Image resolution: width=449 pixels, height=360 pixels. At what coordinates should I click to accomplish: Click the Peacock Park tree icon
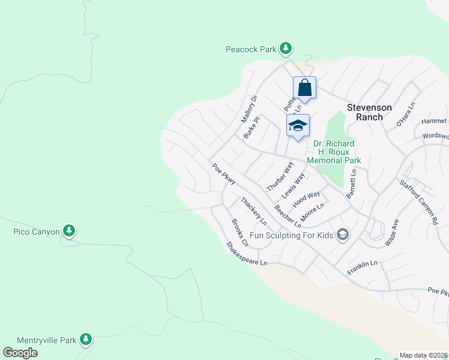click(286, 48)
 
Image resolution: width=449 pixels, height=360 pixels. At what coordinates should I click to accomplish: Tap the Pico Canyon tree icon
click(69, 231)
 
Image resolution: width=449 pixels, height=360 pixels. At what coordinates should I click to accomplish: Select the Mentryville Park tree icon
click(86, 340)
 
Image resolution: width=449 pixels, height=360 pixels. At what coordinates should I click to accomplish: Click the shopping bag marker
click(304, 88)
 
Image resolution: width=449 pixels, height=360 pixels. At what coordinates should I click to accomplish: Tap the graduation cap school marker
click(298, 125)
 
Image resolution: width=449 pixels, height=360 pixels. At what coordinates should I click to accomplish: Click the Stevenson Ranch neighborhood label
click(369, 112)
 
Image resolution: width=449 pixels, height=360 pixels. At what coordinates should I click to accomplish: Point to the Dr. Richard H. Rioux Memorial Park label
click(334, 152)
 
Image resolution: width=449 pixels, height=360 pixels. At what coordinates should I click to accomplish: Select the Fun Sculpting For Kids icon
click(343, 235)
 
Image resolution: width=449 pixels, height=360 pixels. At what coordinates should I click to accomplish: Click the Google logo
click(20, 353)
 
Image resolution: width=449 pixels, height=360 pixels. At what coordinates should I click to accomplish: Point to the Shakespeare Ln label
click(246, 254)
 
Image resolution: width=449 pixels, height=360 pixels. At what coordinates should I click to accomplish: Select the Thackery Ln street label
click(253, 211)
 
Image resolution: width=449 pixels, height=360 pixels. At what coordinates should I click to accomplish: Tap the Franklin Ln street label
click(363, 268)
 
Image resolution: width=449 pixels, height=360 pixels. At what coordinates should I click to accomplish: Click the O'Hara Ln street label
click(405, 115)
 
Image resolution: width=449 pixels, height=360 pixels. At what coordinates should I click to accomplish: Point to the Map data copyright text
click(424, 355)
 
